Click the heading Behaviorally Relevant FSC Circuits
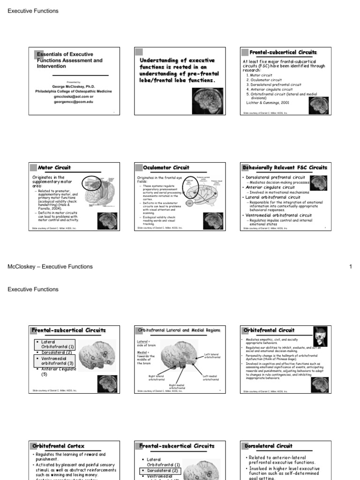click(x=285, y=167)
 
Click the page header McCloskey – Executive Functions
click(x=50, y=267)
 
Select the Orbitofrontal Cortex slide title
click(x=58, y=446)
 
